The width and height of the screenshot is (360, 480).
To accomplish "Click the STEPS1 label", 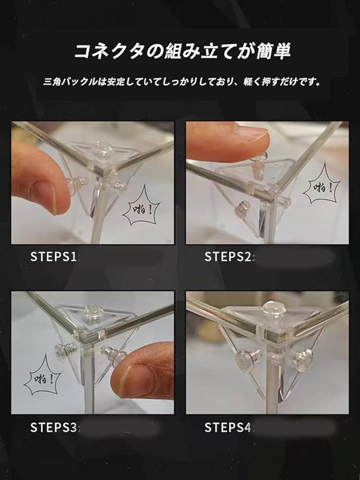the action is [x=53, y=256].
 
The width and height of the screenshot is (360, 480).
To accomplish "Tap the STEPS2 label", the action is [x=228, y=256].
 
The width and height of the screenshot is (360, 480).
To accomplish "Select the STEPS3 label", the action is [x=53, y=427].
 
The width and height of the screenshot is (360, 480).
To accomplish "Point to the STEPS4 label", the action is [x=228, y=427].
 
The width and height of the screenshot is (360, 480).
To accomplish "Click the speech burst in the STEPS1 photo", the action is [x=142, y=205].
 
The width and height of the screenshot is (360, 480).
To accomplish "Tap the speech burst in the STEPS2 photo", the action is [x=322, y=184].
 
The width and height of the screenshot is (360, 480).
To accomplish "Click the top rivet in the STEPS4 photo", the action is [x=274, y=309].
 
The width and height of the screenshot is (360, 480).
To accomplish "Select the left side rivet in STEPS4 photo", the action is [x=247, y=360].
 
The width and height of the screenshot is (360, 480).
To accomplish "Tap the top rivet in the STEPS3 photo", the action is [x=94, y=313].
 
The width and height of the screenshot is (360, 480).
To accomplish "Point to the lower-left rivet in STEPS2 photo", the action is [x=241, y=209].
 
